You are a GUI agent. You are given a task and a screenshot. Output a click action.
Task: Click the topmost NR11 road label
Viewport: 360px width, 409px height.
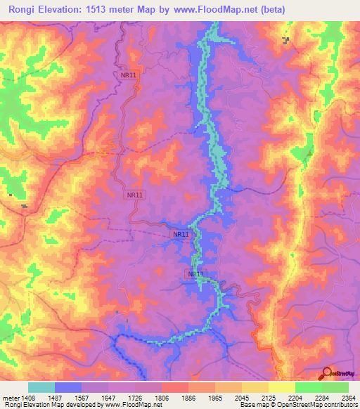[x=128, y=74]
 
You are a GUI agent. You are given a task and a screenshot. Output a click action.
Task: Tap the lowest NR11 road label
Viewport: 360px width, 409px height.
[x=196, y=273]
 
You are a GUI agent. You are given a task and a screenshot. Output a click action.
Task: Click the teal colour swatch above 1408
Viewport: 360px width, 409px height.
[x=41, y=387]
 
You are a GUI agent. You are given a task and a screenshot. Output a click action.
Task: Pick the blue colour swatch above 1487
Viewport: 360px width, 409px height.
[x=68, y=387]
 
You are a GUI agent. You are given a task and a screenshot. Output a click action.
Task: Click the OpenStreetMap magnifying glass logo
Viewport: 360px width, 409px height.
[x=326, y=373]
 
